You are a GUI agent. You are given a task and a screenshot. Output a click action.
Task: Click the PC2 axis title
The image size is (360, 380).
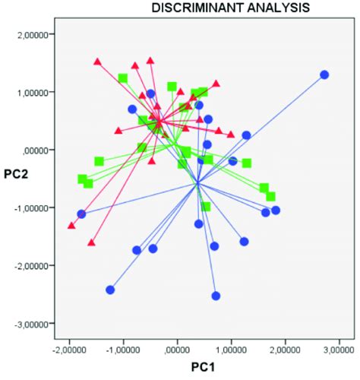(17, 173)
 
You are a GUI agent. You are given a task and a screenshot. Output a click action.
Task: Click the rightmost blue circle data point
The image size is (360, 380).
(324, 74)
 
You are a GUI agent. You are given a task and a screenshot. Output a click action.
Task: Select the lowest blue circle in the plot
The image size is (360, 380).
(216, 296)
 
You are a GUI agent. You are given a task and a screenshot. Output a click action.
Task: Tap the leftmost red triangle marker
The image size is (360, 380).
(71, 226)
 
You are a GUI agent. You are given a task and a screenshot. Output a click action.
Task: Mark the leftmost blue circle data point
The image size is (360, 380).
(81, 214)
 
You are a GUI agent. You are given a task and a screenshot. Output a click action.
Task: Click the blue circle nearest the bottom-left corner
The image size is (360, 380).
(110, 290)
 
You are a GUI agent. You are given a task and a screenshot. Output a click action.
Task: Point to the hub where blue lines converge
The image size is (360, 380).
(197, 183)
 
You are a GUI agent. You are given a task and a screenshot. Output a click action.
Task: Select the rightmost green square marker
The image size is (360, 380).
(270, 197)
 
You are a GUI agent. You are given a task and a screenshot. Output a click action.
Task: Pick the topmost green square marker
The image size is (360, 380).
(123, 78)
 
